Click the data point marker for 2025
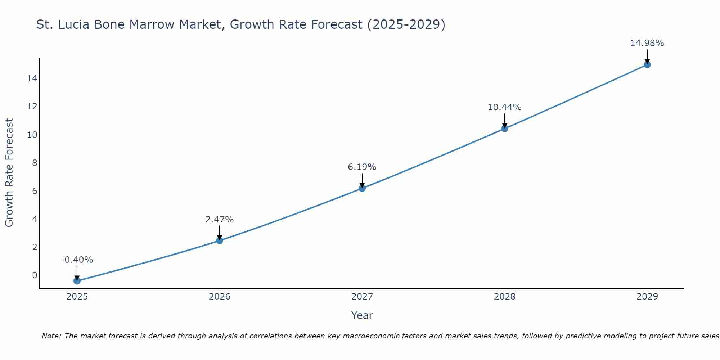coord(77,281)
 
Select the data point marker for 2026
coord(220,240)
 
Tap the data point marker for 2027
coord(362,188)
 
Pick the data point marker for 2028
coord(505,129)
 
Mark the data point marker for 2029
coord(647,65)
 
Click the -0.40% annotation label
coord(77,260)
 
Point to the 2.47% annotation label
coord(220,220)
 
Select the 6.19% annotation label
coord(362,167)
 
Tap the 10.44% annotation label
coord(505,107)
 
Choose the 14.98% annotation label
coord(647,43)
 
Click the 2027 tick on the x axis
coord(362,297)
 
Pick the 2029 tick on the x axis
coord(647,297)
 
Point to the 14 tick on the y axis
coord(32,78)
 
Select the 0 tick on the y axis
coord(35,275)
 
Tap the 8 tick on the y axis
coord(35,163)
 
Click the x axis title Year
coord(362,315)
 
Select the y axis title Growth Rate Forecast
coord(9,173)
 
